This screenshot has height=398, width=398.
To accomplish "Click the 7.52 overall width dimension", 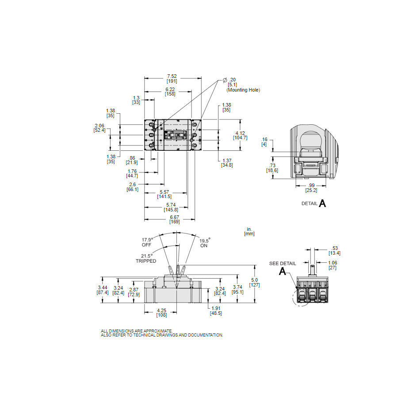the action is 172,78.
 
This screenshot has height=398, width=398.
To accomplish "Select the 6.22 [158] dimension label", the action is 170,92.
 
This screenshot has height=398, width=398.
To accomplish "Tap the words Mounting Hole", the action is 243,90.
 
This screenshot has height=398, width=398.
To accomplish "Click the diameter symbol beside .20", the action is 225,80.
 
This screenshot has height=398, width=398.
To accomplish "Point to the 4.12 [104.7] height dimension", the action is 240,135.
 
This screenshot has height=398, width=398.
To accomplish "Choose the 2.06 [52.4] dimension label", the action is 99,128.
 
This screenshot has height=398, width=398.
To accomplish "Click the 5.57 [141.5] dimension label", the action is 164,194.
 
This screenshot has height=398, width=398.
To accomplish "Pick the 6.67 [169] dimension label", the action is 174,219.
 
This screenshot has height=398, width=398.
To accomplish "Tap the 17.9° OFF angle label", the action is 147,242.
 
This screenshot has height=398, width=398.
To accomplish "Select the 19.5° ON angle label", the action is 205,243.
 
